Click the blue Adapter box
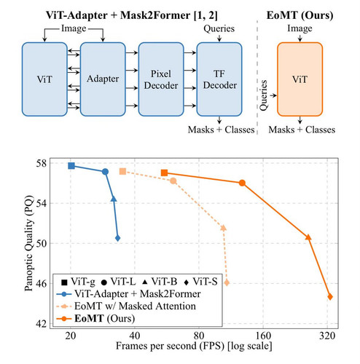pyautogui.click(x=103, y=79)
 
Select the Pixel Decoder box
pyautogui.click(x=161, y=79)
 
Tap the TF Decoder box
pyautogui.click(x=219, y=79)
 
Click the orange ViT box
pyautogui.click(x=300, y=79)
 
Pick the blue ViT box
pyautogui.click(x=44, y=79)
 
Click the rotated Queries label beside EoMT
pyautogui.click(x=264, y=95)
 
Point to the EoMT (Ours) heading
pyautogui.click(x=300, y=15)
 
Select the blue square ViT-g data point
pyautogui.click(x=71, y=166)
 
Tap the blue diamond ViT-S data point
pyautogui.click(x=118, y=238)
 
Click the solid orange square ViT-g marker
pyautogui.click(x=165, y=173)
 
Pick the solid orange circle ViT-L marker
pyautogui.click(x=242, y=183)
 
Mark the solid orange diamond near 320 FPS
pyautogui.click(x=330, y=297)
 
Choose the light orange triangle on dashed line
pyautogui.click(x=224, y=228)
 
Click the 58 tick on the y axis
pyautogui.click(x=41, y=164)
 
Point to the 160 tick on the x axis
pyautogui.click(x=263, y=336)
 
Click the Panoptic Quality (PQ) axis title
pyautogui.click(x=28, y=243)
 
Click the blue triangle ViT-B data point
pyautogui.click(x=114, y=199)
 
